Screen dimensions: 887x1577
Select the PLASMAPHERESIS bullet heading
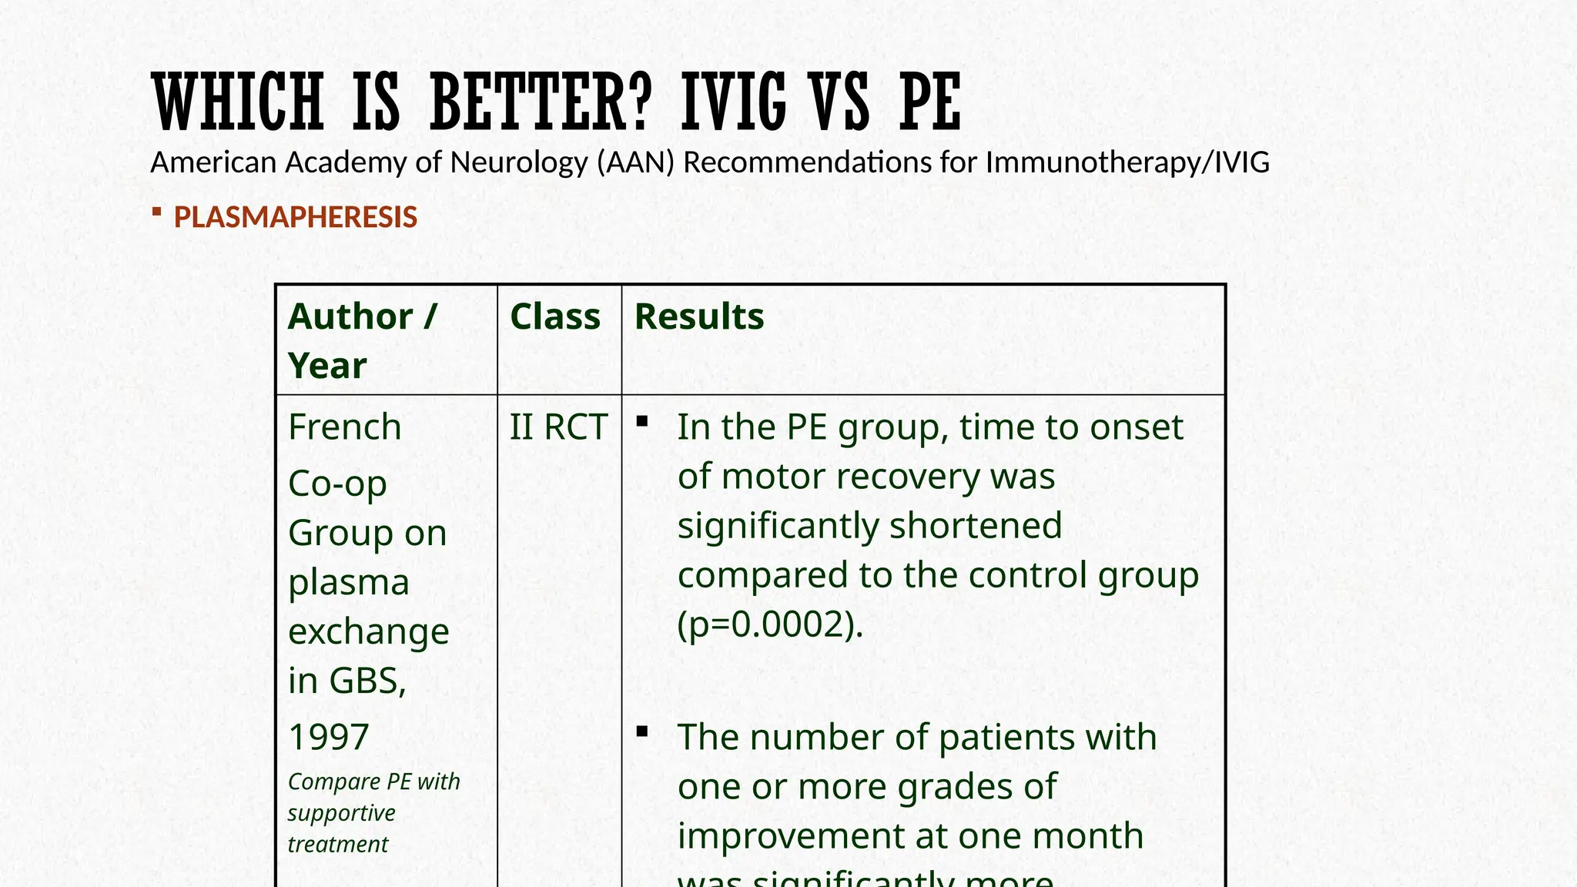click(295, 217)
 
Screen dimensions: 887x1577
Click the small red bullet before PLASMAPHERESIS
click(156, 211)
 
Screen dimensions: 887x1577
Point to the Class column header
click(554, 316)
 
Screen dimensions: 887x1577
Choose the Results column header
click(698, 316)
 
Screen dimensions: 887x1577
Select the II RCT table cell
click(558, 427)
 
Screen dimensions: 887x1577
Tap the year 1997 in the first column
click(328, 737)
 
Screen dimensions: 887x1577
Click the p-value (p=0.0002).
click(770, 624)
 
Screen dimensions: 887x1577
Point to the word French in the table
click(344, 427)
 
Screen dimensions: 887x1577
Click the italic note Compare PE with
click(373, 782)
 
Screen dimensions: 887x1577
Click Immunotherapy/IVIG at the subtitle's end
click(1127, 162)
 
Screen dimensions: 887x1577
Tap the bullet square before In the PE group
click(642, 421)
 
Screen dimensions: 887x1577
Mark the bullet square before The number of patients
click(642, 731)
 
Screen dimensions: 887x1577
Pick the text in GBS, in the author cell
click(347, 681)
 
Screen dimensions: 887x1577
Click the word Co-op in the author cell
click(337, 484)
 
